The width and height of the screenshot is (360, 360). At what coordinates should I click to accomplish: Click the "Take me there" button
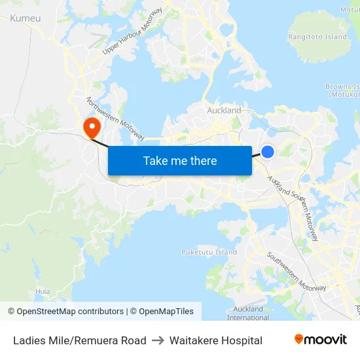tap(180, 160)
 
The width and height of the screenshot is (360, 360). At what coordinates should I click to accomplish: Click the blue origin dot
tap(268, 152)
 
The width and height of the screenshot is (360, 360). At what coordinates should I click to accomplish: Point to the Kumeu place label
tap(26, 18)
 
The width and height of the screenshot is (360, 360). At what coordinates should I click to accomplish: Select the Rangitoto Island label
tap(318, 37)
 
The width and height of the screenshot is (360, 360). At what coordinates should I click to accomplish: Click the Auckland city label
tap(224, 111)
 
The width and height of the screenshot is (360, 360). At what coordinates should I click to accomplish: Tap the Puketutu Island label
tap(209, 252)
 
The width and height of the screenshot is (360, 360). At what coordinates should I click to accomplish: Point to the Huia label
tap(43, 291)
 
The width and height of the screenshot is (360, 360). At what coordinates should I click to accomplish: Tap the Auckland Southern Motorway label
tap(293, 204)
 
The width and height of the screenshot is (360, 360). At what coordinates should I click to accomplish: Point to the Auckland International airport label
tap(247, 313)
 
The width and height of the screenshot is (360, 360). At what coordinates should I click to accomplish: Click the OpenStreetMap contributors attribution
tap(65, 312)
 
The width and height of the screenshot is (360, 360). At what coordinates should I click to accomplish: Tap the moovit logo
tap(320, 339)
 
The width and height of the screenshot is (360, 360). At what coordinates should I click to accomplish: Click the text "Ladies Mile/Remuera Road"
tap(80, 340)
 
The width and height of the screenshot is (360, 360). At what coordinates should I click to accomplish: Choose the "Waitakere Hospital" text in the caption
tap(216, 340)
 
